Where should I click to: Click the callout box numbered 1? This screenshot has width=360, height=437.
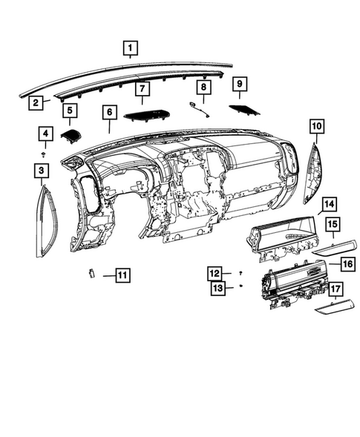point(130,50)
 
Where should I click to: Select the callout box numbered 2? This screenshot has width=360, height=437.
point(35,103)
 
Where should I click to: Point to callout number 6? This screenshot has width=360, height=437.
point(110,113)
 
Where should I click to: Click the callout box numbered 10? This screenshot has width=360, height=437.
point(317,127)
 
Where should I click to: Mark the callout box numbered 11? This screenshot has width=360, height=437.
point(120,275)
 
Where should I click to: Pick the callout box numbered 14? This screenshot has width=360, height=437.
point(329,203)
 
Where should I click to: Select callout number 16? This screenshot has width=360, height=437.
point(347,263)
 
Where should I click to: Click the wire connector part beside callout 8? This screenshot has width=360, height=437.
point(199,109)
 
